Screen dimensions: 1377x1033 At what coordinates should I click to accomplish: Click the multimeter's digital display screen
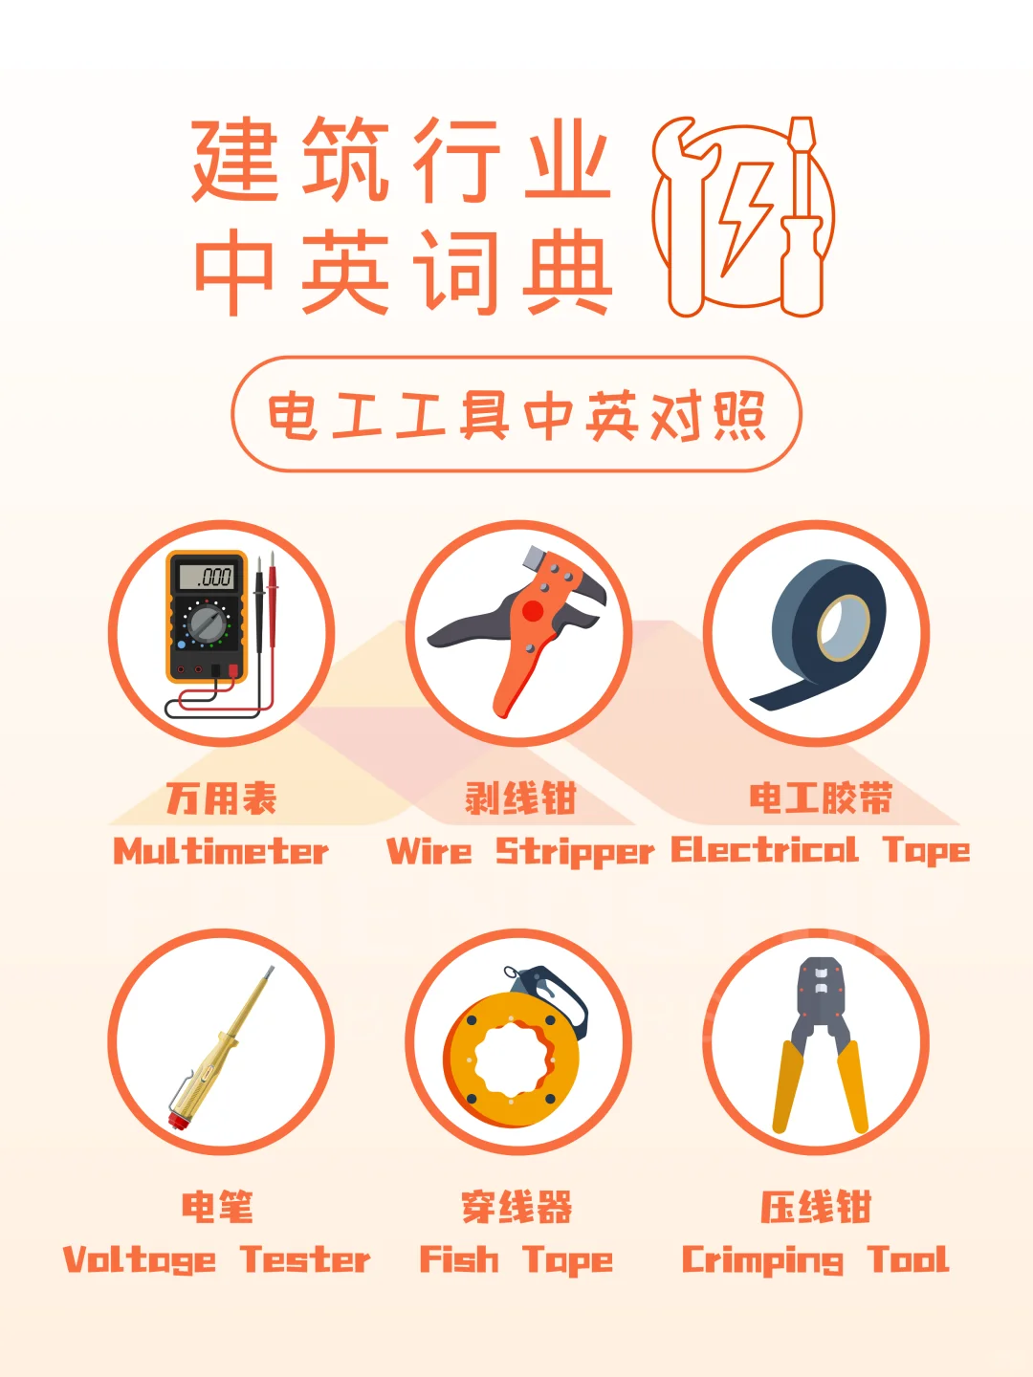[207, 577]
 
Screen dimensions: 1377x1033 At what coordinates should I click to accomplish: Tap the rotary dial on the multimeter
[208, 623]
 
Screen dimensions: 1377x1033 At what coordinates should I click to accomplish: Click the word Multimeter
[221, 850]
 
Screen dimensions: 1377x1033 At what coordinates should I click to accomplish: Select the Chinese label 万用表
[221, 798]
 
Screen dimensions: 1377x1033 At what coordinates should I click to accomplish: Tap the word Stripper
[574, 851]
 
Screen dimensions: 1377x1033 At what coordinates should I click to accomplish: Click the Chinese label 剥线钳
[520, 798]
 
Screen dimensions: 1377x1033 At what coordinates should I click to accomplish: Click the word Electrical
[764, 849]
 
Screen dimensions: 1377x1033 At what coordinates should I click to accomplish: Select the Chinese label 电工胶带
[821, 798]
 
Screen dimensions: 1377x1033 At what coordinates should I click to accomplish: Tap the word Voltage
[140, 1260]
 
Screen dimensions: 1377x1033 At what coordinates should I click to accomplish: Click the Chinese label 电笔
[218, 1207]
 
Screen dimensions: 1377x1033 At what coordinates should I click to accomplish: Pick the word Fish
[459, 1259]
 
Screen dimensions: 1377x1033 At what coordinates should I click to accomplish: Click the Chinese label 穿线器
[516, 1207]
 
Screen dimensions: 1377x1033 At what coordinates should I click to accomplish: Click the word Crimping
[762, 1260]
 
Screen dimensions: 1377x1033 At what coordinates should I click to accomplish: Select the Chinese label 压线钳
[816, 1207]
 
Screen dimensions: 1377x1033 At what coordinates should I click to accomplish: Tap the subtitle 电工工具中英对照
[516, 415]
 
